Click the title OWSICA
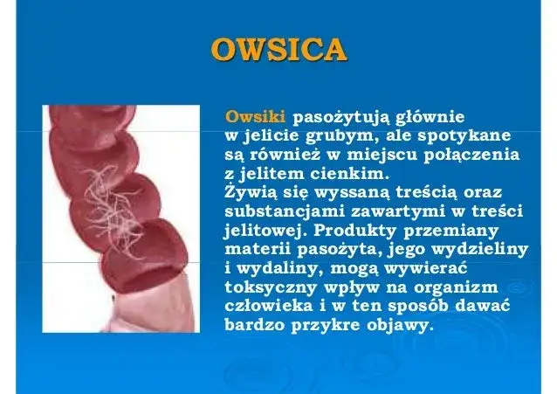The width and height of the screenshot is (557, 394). [x=278, y=51]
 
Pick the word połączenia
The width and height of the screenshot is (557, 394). [x=478, y=156]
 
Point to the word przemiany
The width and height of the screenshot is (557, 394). [x=459, y=231]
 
